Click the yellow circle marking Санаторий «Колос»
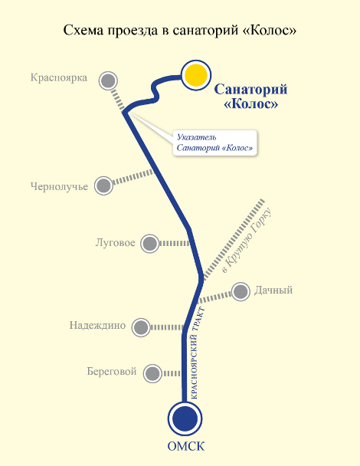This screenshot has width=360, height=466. click(196, 75)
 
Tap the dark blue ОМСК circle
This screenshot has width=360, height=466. click(185, 418)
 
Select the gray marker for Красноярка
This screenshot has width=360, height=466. click(108, 80)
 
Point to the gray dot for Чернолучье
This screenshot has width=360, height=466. click(103, 185)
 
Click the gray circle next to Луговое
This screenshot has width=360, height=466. click(149, 244)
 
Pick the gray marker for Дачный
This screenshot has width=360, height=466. click(241, 291)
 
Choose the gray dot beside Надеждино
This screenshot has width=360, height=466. click(141, 327)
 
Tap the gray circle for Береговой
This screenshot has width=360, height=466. click(152, 373)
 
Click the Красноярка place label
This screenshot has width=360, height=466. click(59, 78)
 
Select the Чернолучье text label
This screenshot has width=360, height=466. click(60, 186)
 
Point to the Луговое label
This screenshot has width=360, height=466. click(115, 243)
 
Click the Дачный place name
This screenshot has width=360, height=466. click(273, 290)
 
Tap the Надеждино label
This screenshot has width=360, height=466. click(98, 325)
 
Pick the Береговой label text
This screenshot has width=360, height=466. click(112, 372)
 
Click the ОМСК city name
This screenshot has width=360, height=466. click(186, 446)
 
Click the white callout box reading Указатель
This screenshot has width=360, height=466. click(214, 143)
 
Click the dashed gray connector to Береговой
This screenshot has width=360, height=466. click(172, 373)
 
